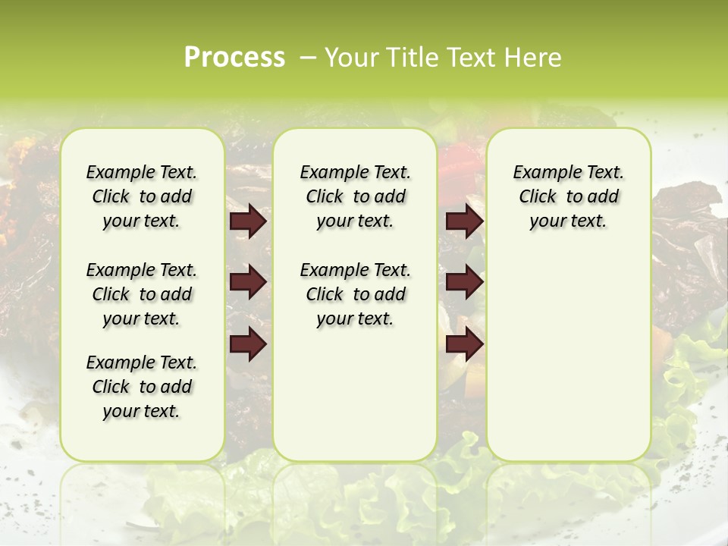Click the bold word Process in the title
tap(234, 58)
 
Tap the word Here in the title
tap(532, 58)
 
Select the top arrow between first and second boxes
tap(248, 221)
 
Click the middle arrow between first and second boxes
tap(248, 282)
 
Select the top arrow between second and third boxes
tap(464, 221)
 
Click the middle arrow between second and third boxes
tap(464, 282)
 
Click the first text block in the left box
tap(142, 196)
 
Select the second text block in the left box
tap(142, 294)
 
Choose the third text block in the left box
tap(142, 387)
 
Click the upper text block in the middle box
tap(355, 196)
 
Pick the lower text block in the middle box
tap(355, 294)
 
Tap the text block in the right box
tap(568, 196)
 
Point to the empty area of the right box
tap(568, 341)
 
